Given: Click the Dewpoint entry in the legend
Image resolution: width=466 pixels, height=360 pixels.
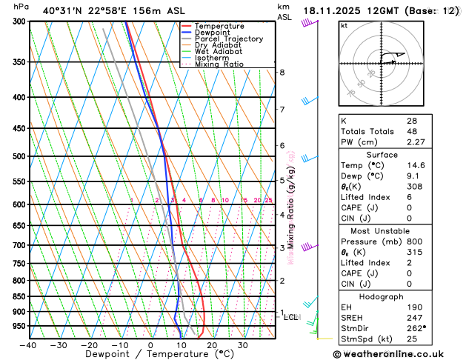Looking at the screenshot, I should [x=216, y=33].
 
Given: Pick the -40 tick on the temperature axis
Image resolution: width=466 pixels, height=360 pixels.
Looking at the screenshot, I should [x=29, y=345].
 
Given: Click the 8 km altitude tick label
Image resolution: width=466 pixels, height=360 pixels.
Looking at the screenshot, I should [x=282, y=72].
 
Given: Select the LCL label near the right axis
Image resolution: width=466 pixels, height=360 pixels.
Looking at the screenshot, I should [x=290, y=317].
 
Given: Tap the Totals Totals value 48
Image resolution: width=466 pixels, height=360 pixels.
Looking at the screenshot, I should [x=411, y=131].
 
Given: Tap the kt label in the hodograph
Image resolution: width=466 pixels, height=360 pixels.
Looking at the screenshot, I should [x=344, y=25].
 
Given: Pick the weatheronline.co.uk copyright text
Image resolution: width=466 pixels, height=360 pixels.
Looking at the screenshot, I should [x=398, y=354].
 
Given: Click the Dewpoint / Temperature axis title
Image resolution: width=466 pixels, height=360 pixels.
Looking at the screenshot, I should [x=150, y=355].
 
